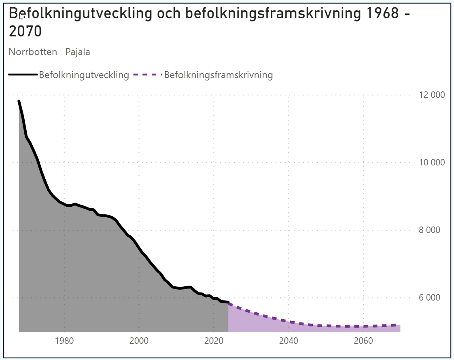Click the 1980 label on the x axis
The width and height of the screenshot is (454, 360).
(x=64, y=341)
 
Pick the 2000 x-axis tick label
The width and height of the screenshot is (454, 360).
(x=139, y=341)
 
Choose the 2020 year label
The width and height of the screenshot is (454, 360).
(x=214, y=341)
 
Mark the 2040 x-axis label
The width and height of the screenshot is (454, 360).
(x=289, y=341)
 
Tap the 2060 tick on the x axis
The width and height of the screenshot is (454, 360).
(x=363, y=341)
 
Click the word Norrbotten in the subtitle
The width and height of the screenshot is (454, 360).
(x=33, y=52)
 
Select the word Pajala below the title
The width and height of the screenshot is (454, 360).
(x=78, y=52)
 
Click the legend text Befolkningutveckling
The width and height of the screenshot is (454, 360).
(x=84, y=75)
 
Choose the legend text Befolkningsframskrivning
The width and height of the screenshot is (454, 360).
(x=219, y=75)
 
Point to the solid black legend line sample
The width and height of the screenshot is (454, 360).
(x=23, y=75)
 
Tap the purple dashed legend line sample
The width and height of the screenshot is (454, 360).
(x=147, y=75)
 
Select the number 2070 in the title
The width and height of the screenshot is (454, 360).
(x=25, y=32)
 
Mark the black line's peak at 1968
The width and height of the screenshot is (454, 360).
(x=19, y=101)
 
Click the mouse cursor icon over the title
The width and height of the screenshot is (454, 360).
(x=22, y=17)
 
